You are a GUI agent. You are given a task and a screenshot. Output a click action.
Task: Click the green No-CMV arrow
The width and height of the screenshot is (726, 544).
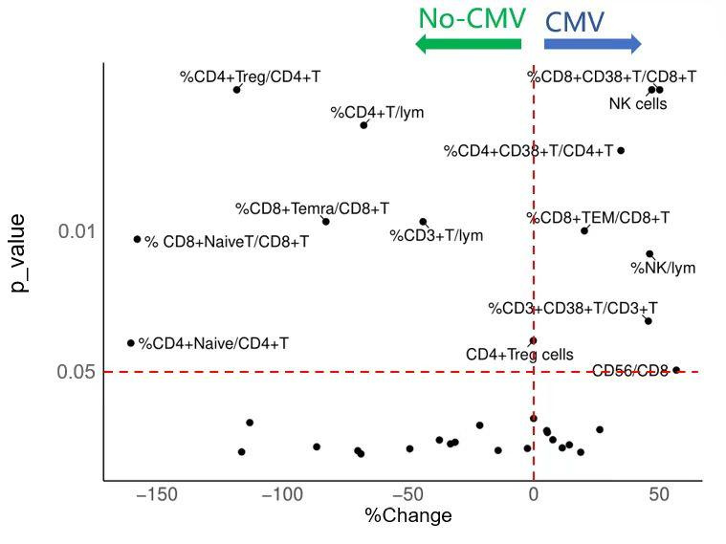468,44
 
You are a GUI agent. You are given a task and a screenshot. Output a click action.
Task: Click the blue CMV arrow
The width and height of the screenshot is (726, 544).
592,44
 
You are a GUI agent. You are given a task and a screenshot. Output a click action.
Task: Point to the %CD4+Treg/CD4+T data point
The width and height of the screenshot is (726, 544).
236,90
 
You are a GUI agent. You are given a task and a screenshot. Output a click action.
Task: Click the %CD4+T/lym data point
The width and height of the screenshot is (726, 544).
363,125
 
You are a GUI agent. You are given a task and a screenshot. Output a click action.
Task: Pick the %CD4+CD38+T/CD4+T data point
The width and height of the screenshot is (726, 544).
621,150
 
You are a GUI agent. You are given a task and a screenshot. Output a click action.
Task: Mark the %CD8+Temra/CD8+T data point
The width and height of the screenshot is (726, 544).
326,222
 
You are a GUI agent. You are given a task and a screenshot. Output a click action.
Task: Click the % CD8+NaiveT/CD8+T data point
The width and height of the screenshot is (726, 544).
137,239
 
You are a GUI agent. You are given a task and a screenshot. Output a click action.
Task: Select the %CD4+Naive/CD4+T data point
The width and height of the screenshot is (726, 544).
131,342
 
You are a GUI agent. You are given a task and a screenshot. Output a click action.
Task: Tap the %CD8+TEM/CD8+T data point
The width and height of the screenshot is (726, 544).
584,230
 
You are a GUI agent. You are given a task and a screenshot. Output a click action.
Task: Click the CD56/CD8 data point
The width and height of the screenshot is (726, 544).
676,370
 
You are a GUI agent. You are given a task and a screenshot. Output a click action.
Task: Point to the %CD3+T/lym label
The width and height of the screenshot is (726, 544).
436,235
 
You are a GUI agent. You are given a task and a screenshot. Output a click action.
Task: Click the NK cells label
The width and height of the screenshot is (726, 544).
638,103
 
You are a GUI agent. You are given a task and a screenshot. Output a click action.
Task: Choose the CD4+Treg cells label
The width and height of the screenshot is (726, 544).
519,355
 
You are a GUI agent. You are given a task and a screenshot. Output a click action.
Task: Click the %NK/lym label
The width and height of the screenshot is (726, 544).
663,269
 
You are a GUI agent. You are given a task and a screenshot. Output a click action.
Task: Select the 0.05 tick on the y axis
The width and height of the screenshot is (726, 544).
77,371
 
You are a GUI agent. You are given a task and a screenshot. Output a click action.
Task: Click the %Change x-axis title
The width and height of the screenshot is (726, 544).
408,516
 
